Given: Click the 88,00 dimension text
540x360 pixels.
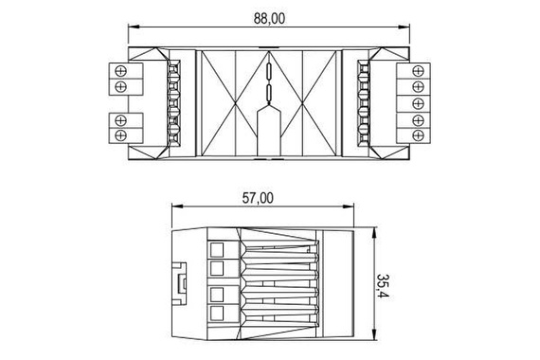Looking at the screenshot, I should coord(271,17).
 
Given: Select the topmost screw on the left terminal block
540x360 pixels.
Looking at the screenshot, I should coord(120,70).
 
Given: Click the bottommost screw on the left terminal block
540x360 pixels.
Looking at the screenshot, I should coord(120,135).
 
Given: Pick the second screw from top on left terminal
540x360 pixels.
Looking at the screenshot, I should coord(120,86).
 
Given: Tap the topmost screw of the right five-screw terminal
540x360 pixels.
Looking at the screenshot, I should coord(415,70).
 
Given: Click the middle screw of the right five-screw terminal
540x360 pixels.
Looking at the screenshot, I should coord(415,102).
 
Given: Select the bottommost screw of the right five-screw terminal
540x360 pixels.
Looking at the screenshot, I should coord(415,135).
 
